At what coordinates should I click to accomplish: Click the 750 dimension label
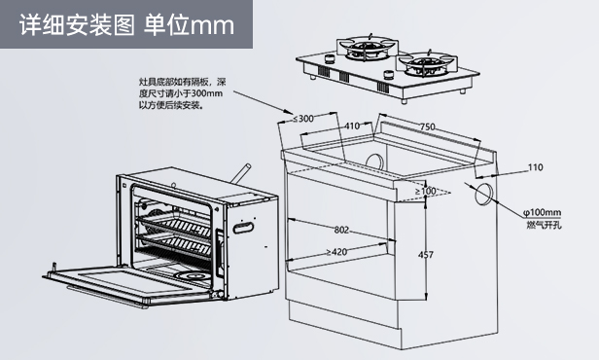(428, 126)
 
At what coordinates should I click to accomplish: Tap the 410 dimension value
(352, 126)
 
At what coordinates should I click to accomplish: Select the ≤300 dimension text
(303, 119)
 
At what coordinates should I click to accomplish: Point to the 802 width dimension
(341, 230)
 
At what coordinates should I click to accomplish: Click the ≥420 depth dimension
(336, 252)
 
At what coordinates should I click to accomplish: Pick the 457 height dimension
(426, 255)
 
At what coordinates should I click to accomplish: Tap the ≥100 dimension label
(425, 191)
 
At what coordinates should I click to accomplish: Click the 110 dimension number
(535, 167)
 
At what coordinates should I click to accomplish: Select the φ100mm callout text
(542, 212)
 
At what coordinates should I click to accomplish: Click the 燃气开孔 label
(544, 225)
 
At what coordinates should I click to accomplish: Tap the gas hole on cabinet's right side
(483, 194)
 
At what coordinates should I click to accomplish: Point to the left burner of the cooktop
(365, 48)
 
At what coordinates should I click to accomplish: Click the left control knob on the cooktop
(329, 58)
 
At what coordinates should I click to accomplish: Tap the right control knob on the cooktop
(388, 74)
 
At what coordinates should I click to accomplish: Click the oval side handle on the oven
(243, 228)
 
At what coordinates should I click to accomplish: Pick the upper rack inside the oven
(174, 226)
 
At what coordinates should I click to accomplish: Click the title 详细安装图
(77, 25)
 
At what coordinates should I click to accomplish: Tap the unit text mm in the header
(212, 26)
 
